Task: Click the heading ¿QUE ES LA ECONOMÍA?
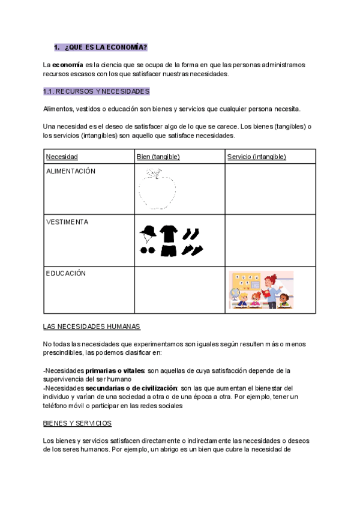click(x=105, y=47)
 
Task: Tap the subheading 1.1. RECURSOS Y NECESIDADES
click(x=96, y=92)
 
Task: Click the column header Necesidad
click(x=62, y=157)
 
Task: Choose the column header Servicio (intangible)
click(x=256, y=157)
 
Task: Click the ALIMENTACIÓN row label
click(x=71, y=171)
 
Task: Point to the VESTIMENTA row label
click(x=67, y=222)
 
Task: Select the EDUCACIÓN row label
click(x=66, y=273)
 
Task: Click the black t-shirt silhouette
click(x=169, y=233)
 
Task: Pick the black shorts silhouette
click(x=169, y=250)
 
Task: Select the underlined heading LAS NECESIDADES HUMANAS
click(x=92, y=327)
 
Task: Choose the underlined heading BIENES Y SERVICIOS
click(x=77, y=423)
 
